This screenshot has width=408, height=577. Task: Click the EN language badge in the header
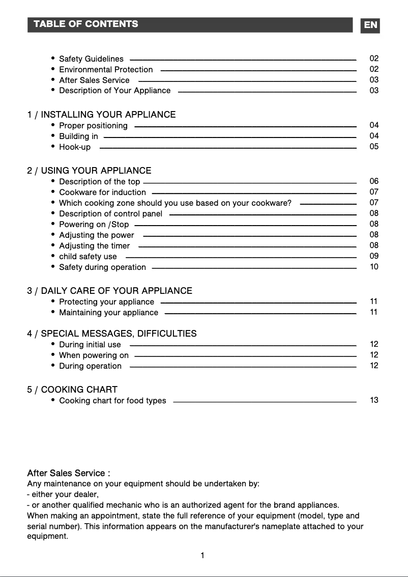pos(371,25)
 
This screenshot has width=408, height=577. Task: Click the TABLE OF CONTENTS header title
pos(85,24)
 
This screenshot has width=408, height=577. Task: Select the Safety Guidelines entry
pos(91,59)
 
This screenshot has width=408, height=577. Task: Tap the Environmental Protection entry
pos(106,70)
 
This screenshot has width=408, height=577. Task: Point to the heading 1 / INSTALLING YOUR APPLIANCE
pos(101,115)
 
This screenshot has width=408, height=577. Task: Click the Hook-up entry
pos(75,147)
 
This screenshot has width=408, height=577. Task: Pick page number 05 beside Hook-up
pos(374,147)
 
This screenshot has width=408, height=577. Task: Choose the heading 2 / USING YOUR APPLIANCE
pos(89,171)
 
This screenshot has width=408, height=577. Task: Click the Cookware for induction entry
pos(102,193)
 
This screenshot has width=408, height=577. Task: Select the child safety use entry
pos(88,257)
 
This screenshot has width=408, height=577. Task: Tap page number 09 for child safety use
pos(374,256)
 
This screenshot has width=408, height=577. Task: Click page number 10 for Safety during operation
pos(374,267)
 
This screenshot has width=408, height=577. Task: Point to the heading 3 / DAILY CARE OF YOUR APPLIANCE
pos(109,291)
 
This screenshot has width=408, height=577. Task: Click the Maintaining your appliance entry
pos(108,313)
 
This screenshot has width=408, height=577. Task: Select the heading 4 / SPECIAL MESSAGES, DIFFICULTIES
pos(111,334)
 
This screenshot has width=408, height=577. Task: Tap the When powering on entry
pos(94,355)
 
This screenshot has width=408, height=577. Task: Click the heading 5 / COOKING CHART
pos(72,390)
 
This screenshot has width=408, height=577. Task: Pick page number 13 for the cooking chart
pos(374,400)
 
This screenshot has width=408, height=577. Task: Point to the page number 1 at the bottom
pos(202,556)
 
